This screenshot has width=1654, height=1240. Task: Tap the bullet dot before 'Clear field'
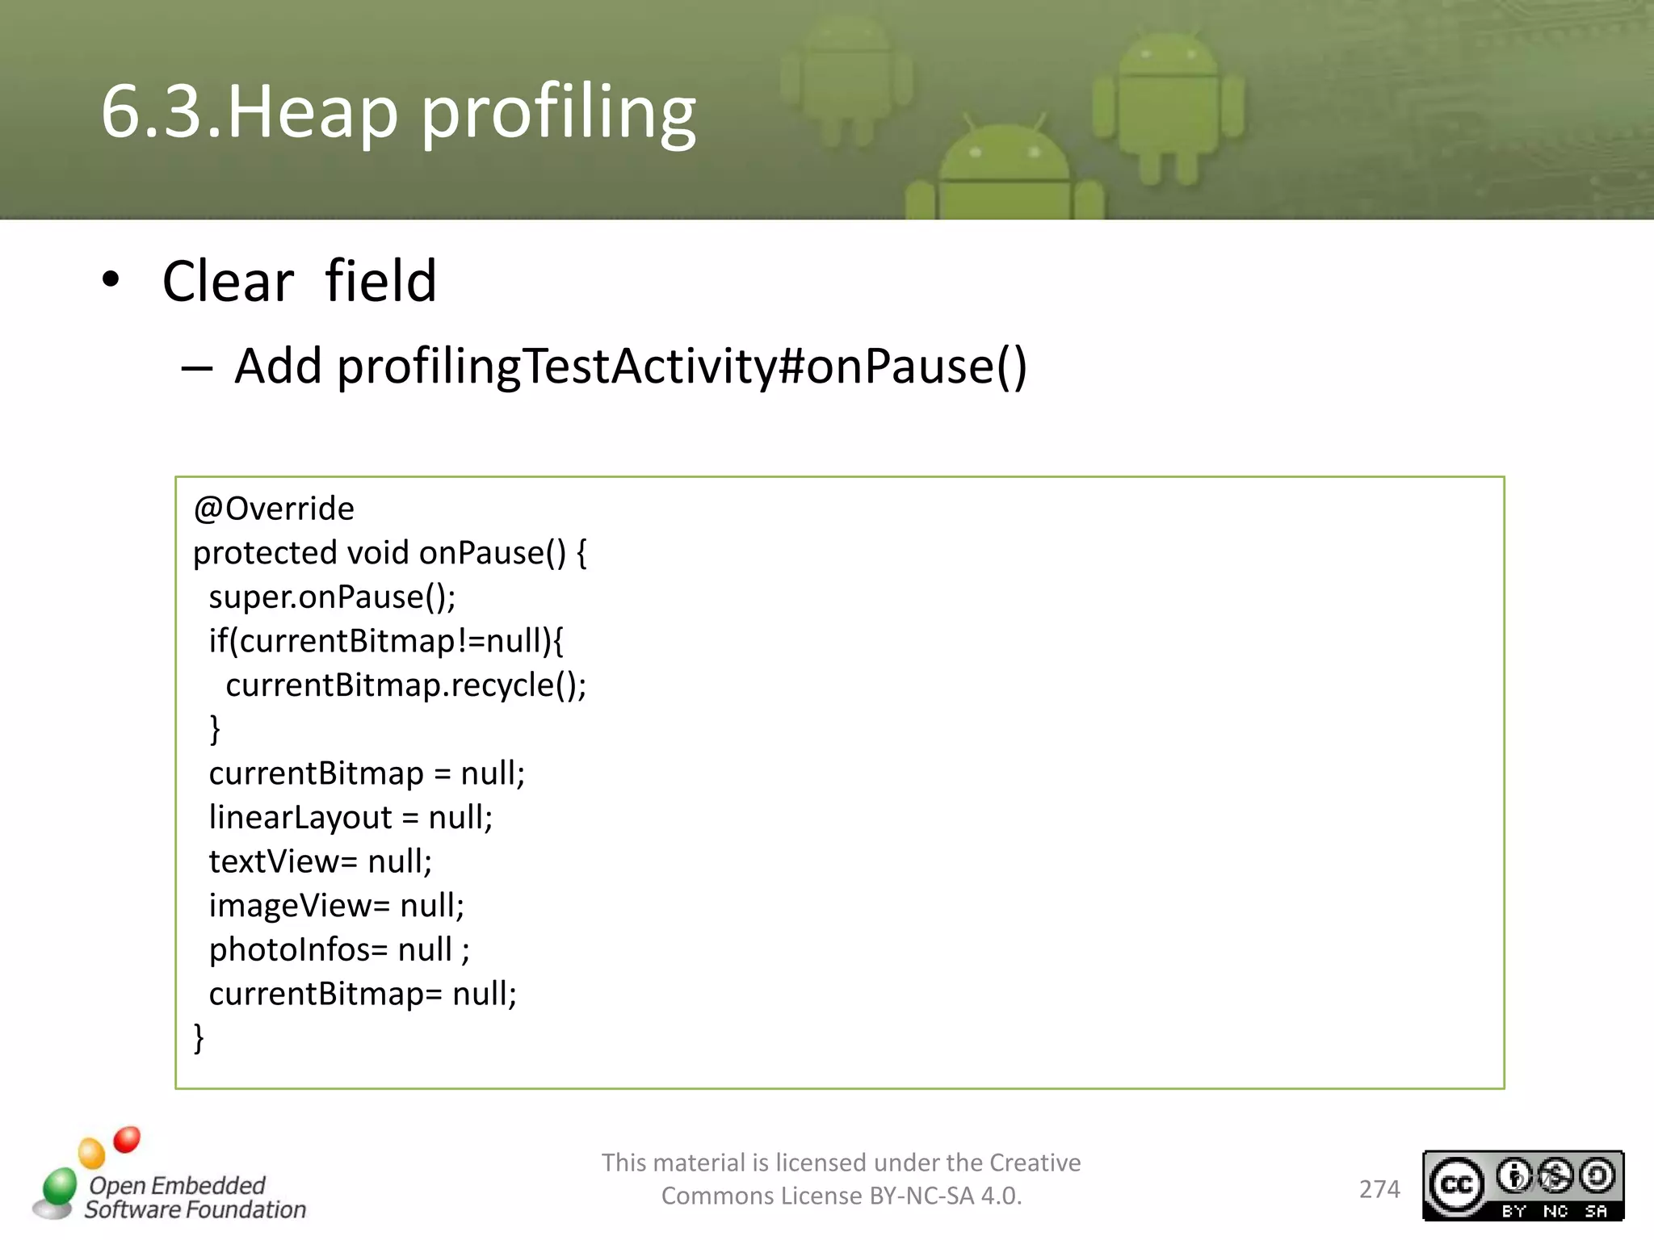111,280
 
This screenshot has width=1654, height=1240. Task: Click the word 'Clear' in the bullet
228,282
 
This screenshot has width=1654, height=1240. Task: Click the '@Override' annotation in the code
274,509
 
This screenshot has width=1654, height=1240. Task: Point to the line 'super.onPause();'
332,597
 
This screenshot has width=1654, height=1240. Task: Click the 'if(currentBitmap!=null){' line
386,641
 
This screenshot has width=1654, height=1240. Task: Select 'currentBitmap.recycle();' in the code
405,685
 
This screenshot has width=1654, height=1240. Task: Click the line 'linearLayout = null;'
351,817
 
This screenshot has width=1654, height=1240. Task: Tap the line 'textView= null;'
320,861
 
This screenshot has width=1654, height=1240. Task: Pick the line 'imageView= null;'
336,906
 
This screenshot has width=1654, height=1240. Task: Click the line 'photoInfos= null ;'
339,949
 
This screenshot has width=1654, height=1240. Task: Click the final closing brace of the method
199,1037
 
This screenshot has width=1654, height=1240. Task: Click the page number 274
1379,1189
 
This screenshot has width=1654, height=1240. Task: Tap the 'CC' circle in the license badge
1457,1184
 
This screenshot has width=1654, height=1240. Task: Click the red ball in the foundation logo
127,1139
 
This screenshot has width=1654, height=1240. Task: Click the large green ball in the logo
60,1186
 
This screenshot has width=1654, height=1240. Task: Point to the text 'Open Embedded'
177,1185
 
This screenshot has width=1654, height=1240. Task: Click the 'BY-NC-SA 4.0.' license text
945,1196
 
